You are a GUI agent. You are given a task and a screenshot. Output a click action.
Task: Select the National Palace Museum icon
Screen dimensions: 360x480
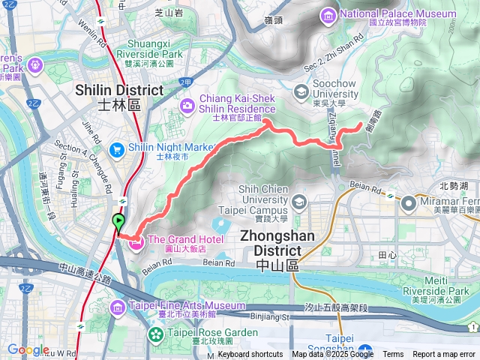point(328,14)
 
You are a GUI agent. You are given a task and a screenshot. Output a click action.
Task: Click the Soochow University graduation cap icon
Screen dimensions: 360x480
point(301,92)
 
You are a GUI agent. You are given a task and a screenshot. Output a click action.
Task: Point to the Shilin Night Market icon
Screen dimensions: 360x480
point(117,149)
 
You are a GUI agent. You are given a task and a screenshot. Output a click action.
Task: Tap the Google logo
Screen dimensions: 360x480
point(28,349)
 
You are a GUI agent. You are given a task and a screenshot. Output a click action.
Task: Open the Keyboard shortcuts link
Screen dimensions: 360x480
point(250,355)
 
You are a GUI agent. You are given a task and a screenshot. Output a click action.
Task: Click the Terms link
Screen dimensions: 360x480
point(393,355)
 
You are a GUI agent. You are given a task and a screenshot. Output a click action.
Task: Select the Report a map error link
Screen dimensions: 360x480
point(444,355)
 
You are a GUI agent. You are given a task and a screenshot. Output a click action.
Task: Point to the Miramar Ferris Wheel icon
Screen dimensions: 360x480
point(409,202)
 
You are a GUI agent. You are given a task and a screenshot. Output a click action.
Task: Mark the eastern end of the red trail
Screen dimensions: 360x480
point(364,124)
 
